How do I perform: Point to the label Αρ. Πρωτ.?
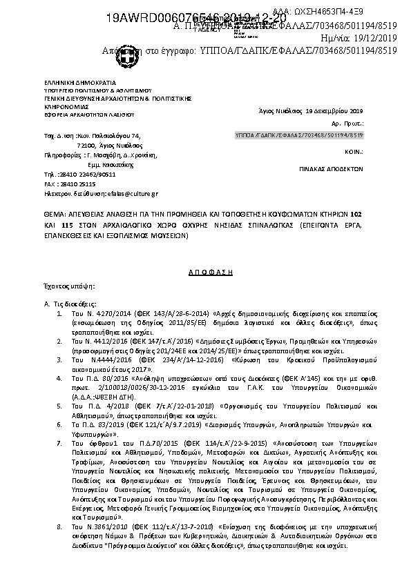352,124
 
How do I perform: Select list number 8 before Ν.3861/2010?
60,526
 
